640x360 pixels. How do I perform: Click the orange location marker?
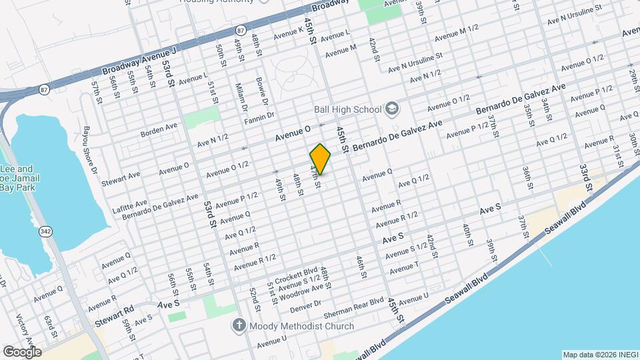click(321, 159)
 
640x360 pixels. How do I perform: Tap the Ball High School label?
click(347, 109)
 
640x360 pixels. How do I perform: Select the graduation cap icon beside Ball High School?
click(391, 109)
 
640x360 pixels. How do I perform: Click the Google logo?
click(22, 351)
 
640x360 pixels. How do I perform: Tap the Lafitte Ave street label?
click(132, 203)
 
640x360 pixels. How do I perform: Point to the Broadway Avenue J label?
click(139, 61)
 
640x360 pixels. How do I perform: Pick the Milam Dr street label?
click(242, 98)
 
